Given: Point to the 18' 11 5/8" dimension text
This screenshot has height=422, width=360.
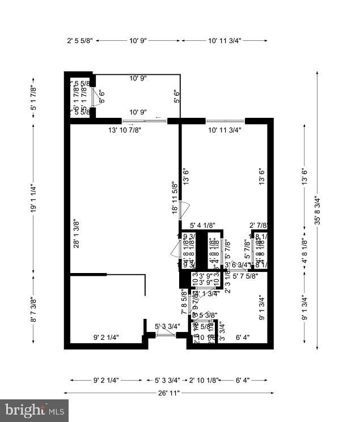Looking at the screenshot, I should (175, 197).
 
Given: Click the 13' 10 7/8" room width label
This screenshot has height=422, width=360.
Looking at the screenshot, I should (125, 130).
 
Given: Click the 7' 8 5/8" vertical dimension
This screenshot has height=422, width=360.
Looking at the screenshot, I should (184, 302).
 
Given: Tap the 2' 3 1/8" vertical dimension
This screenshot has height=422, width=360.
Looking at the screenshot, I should (227, 282).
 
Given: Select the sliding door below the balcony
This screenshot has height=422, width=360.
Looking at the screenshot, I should (145, 121).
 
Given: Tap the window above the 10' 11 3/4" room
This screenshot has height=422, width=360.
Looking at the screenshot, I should (225, 121).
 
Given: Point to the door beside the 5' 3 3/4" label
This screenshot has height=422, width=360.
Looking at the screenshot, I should (166, 335).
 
